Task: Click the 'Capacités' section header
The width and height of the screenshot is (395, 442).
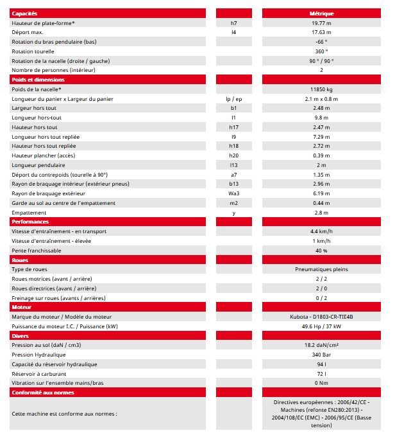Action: [25, 13]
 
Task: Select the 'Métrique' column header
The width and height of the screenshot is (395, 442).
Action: [321, 13]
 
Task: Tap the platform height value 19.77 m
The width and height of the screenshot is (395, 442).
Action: [321, 23]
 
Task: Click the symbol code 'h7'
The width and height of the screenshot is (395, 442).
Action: [233, 23]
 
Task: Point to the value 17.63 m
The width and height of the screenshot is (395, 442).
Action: [321, 32]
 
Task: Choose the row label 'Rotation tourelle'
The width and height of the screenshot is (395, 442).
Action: [33, 51]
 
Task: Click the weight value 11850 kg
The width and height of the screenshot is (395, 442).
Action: [321, 89]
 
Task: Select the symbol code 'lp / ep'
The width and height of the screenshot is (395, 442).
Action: [233, 99]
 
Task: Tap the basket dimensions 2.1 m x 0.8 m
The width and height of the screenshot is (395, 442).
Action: [321, 99]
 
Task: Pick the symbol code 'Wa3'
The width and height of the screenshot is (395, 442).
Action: [233, 193]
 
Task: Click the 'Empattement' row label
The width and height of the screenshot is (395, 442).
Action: [29, 213]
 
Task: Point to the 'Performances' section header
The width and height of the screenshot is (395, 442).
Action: [29, 222]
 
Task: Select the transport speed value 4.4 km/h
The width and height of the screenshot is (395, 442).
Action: [321, 231]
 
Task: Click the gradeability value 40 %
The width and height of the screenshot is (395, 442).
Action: [321, 251]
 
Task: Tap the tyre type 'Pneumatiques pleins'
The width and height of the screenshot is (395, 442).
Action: [321, 269]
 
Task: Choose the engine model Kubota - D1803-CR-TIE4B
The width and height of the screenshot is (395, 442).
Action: [321, 317]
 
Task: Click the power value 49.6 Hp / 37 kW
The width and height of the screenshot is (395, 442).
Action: [321, 326]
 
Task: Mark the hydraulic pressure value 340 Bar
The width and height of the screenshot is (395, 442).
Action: [321, 355]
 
